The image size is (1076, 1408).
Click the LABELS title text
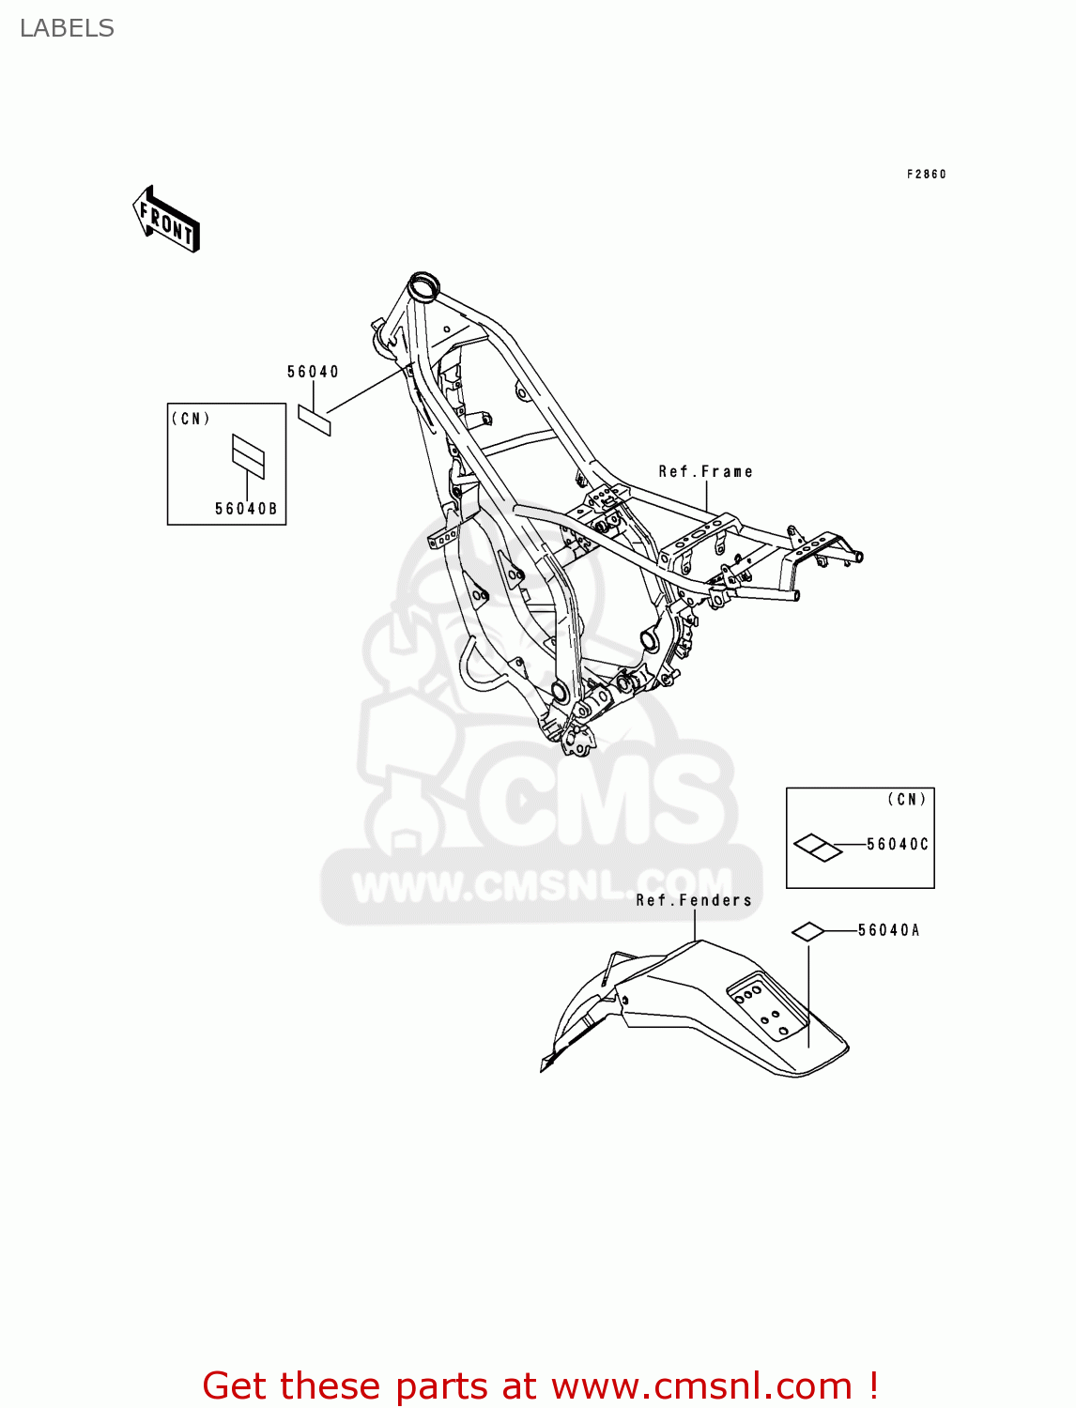67,28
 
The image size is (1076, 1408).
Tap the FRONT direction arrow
166,221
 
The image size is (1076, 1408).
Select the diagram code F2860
926,175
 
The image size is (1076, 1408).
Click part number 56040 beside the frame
313,372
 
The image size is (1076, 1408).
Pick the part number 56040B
246,509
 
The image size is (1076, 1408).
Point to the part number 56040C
897,844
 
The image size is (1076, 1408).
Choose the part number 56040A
888,930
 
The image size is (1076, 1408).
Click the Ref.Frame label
705,471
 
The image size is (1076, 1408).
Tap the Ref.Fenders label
694,900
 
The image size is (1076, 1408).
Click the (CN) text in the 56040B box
191,419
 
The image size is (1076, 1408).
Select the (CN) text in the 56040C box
907,800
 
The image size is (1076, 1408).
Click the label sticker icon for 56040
315,420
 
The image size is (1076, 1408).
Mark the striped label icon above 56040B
248,456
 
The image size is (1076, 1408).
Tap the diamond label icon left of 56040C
818,848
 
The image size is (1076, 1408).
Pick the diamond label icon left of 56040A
807,931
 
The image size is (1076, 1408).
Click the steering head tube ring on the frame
424,285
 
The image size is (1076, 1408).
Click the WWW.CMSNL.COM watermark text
542,885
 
